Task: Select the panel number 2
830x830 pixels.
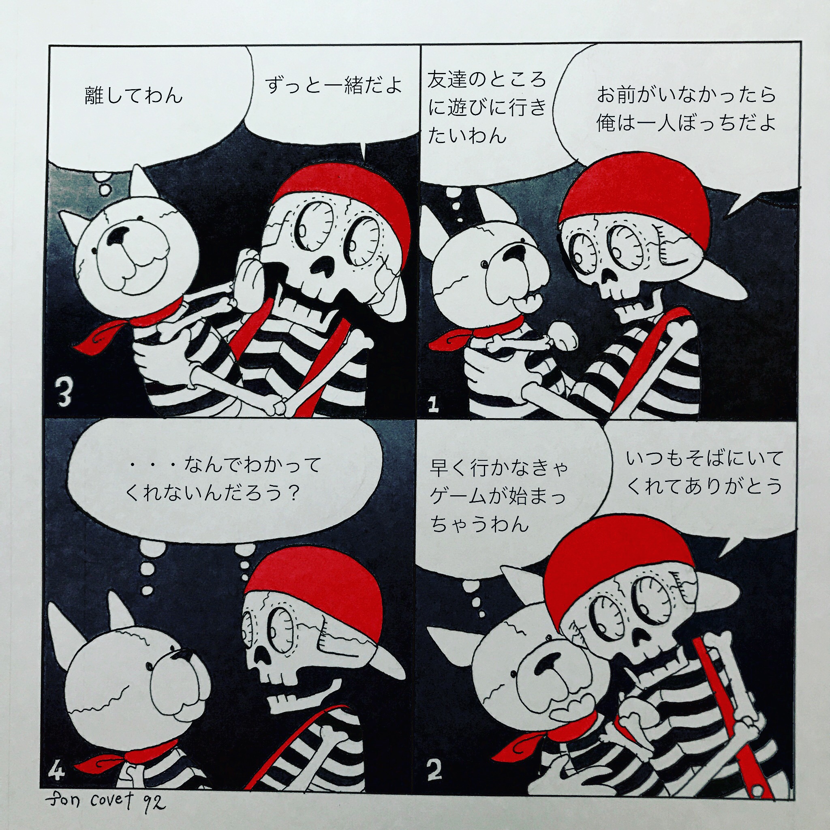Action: click(434, 770)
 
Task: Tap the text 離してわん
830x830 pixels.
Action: click(134, 95)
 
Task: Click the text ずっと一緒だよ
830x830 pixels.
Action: click(334, 85)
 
